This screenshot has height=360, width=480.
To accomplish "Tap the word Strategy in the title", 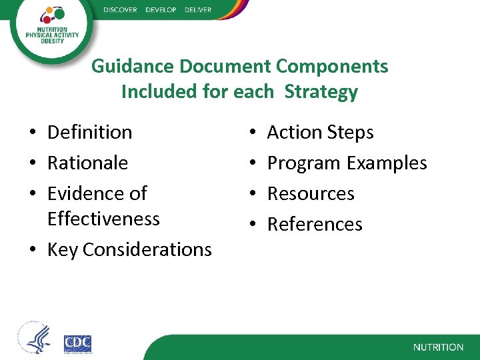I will pos(321,92).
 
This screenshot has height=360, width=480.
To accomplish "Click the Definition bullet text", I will pos(89,132).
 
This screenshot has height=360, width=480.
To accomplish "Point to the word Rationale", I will pos(87,163).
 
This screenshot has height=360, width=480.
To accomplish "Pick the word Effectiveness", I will pos(103,219).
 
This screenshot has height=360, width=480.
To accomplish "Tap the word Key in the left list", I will pos(63,249).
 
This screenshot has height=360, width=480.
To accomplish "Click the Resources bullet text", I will pos(311,193).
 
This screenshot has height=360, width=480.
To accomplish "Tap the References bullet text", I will pos(315,224).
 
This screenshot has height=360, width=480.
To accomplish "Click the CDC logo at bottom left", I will pos(77,343).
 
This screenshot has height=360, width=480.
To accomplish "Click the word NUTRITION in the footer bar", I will pos(438,347).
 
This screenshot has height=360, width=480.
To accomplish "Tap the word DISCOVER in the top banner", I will pos(120,10).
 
